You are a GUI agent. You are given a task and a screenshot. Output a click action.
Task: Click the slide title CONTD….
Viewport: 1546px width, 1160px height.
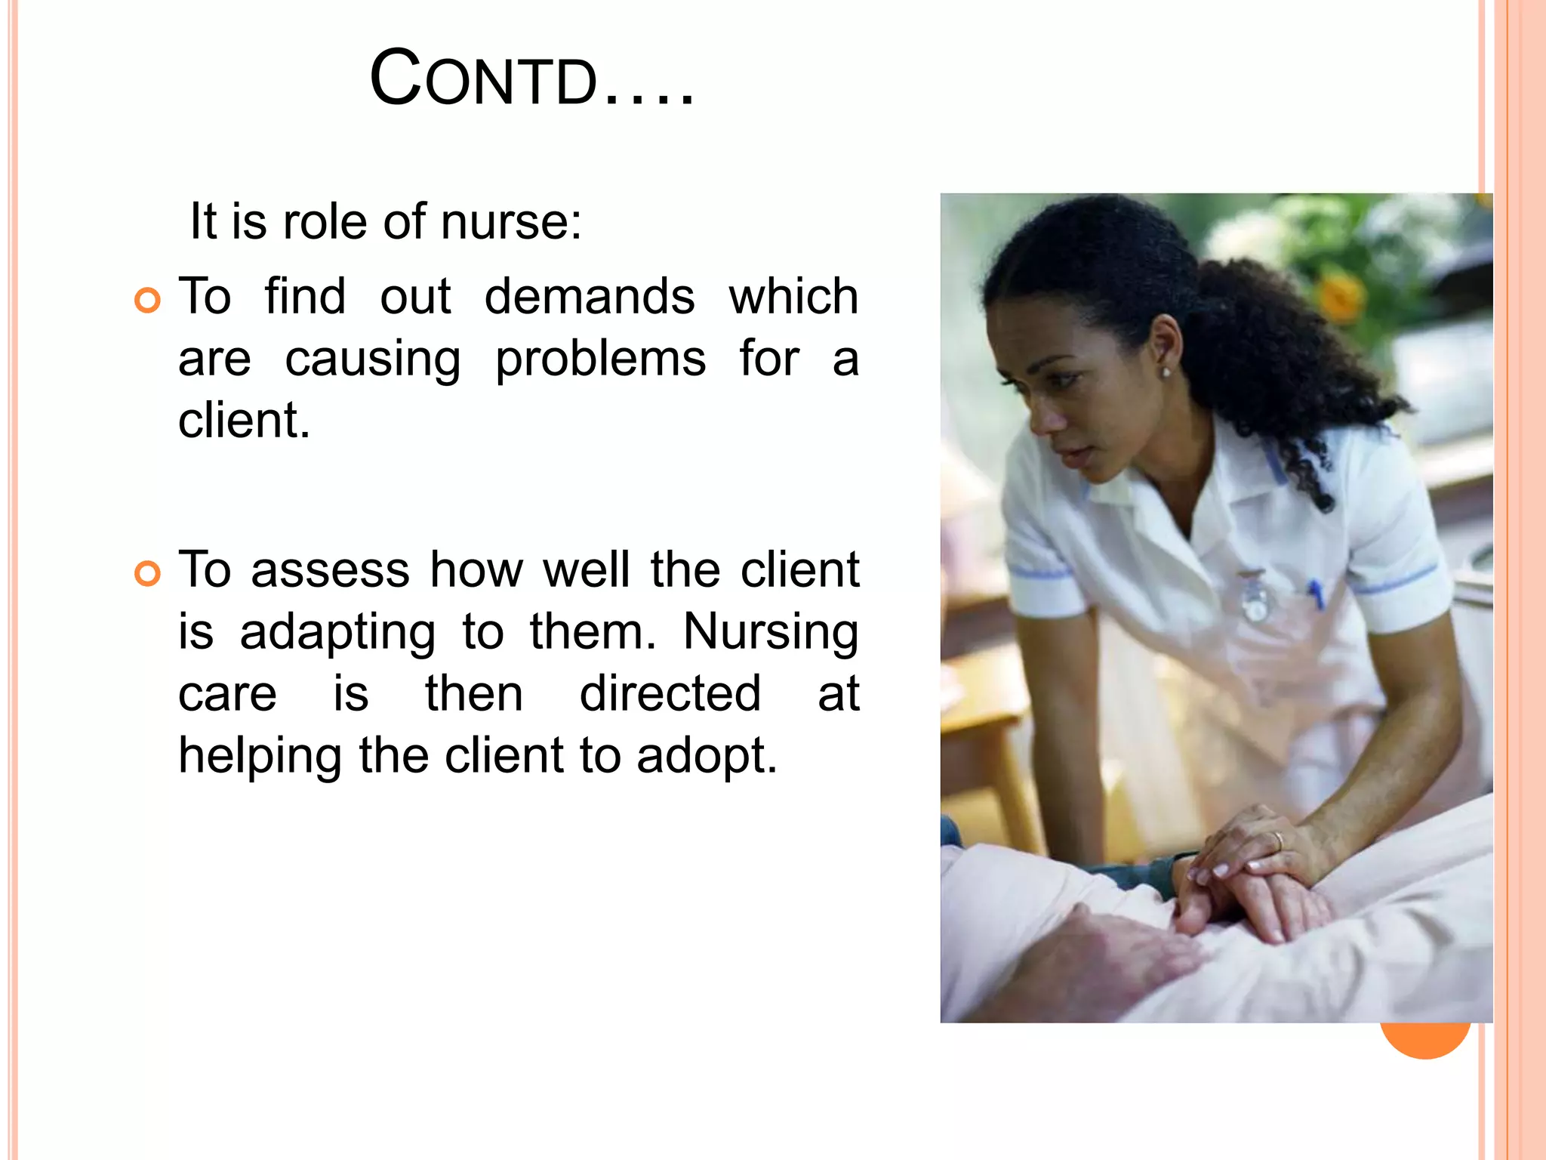pyautogui.click(x=531, y=79)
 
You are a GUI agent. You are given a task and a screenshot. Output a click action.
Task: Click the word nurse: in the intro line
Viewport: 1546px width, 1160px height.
pyautogui.click(x=511, y=222)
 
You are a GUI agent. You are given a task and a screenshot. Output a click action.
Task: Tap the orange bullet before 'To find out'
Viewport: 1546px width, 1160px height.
pyautogui.click(x=148, y=300)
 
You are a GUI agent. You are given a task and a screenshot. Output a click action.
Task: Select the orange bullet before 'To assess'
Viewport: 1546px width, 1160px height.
pyautogui.click(x=148, y=573)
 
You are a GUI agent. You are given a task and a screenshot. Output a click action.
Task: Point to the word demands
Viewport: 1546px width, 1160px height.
pyautogui.click(x=589, y=296)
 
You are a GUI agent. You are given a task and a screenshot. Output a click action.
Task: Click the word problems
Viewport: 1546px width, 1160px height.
pyautogui.click(x=600, y=359)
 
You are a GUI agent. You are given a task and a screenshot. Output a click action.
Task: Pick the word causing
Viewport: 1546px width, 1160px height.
pyautogui.click(x=373, y=359)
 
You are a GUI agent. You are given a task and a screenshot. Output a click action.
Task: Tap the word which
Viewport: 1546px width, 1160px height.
pyautogui.click(x=793, y=296)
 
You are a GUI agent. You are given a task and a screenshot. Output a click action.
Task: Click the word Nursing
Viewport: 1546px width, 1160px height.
pyautogui.click(x=771, y=631)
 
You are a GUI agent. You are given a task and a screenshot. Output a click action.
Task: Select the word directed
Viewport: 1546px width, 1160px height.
pyautogui.click(x=670, y=693)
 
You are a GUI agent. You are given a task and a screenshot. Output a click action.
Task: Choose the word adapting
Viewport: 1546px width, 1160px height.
pyautogui.click(x=337, y=633)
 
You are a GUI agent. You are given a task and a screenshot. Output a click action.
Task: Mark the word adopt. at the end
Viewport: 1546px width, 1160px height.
pyautogui.click(x=707, y=756)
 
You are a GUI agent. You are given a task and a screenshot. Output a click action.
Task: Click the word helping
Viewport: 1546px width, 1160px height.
pyautogui.click(x=260, y=756)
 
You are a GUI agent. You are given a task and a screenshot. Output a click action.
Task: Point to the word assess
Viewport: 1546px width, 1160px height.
pyautogui.click(x=330, y=569)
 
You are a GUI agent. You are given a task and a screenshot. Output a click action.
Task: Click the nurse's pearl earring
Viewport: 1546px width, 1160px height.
pyautogui.click(x=1166, y=372)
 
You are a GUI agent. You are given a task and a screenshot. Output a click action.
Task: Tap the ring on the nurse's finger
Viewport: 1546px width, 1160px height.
pyautogui.click(x=1277, y=840)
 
